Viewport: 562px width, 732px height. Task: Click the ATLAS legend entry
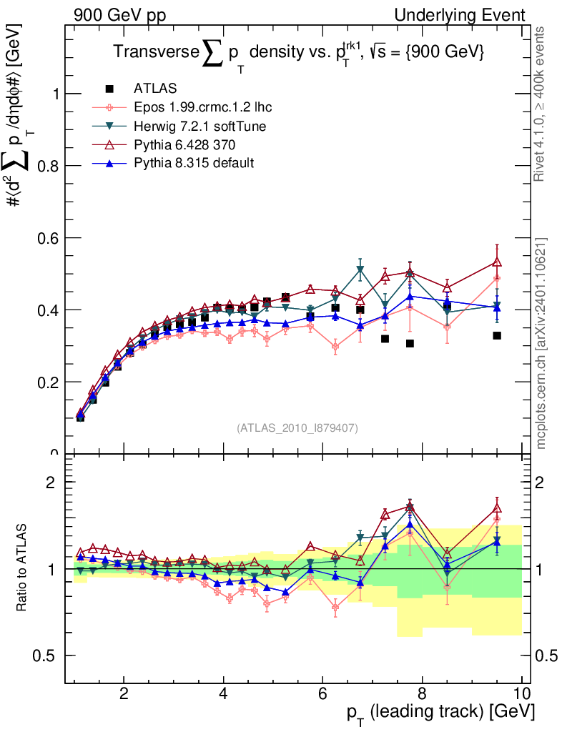point(155,89)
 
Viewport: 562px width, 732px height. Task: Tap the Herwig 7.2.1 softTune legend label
point(199,126)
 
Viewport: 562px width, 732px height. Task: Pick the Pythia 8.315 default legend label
point(194,163)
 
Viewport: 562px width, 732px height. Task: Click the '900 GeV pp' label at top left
point(119,15)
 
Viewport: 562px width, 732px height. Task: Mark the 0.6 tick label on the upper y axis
point(47,238)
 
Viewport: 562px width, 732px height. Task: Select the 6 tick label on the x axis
point(323,694)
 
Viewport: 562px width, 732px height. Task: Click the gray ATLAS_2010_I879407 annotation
point(297,427)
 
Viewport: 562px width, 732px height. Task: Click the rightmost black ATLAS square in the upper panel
point(497,335)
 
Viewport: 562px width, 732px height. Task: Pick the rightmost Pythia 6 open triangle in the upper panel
point(497,262)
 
